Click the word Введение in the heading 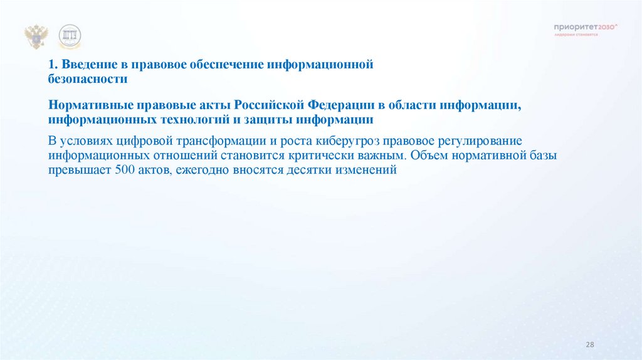85,65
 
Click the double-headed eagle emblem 36,37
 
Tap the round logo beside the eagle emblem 70,37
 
